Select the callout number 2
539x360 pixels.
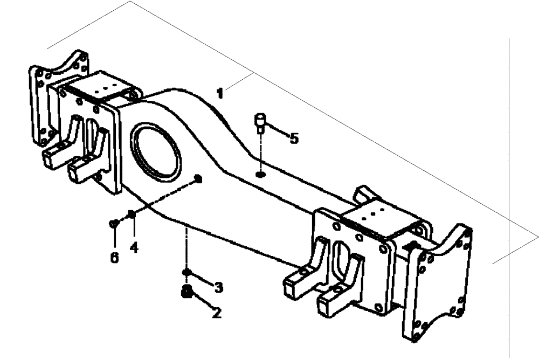click(x=216, y=313)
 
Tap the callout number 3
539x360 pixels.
click(x=218, y=287)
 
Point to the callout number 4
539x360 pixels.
click(x=133, y=248)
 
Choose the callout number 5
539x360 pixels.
click(x=293, y=139)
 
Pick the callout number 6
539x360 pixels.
click(x=114, y=258)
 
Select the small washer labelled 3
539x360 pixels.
click(x=186, y=273)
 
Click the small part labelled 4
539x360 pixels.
click(x=131, y=216)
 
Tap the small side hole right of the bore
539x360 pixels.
click(x=198, y=179)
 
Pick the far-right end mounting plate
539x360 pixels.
click(x=439, y=283)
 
